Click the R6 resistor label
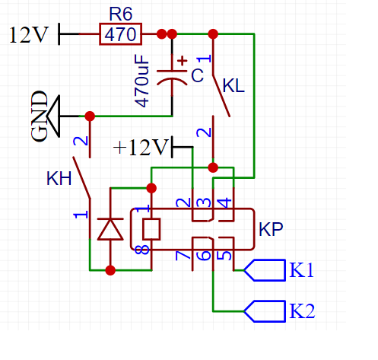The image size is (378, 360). [120, 14]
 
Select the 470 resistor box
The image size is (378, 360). [120, 34]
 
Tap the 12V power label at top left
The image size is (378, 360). [28, 35]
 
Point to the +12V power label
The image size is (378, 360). [141, 147]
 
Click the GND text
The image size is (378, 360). [40, 116]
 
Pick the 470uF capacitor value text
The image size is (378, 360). [141, 81]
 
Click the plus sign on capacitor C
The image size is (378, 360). [182, 61]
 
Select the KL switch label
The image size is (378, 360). [233, 86]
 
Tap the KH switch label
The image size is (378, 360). [59, 178]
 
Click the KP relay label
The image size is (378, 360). [271, 230]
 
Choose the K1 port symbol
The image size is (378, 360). [265, 270]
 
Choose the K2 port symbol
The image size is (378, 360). [265, 311]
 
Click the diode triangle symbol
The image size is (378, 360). [110, 229]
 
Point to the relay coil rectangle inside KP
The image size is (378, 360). [151, 229]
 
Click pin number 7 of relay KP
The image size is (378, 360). [183, 255]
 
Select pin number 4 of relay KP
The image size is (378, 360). [224, 203]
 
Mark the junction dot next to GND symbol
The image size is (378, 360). [90, 116]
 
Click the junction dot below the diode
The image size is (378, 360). [110, 270]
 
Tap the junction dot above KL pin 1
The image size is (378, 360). [213, 34]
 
